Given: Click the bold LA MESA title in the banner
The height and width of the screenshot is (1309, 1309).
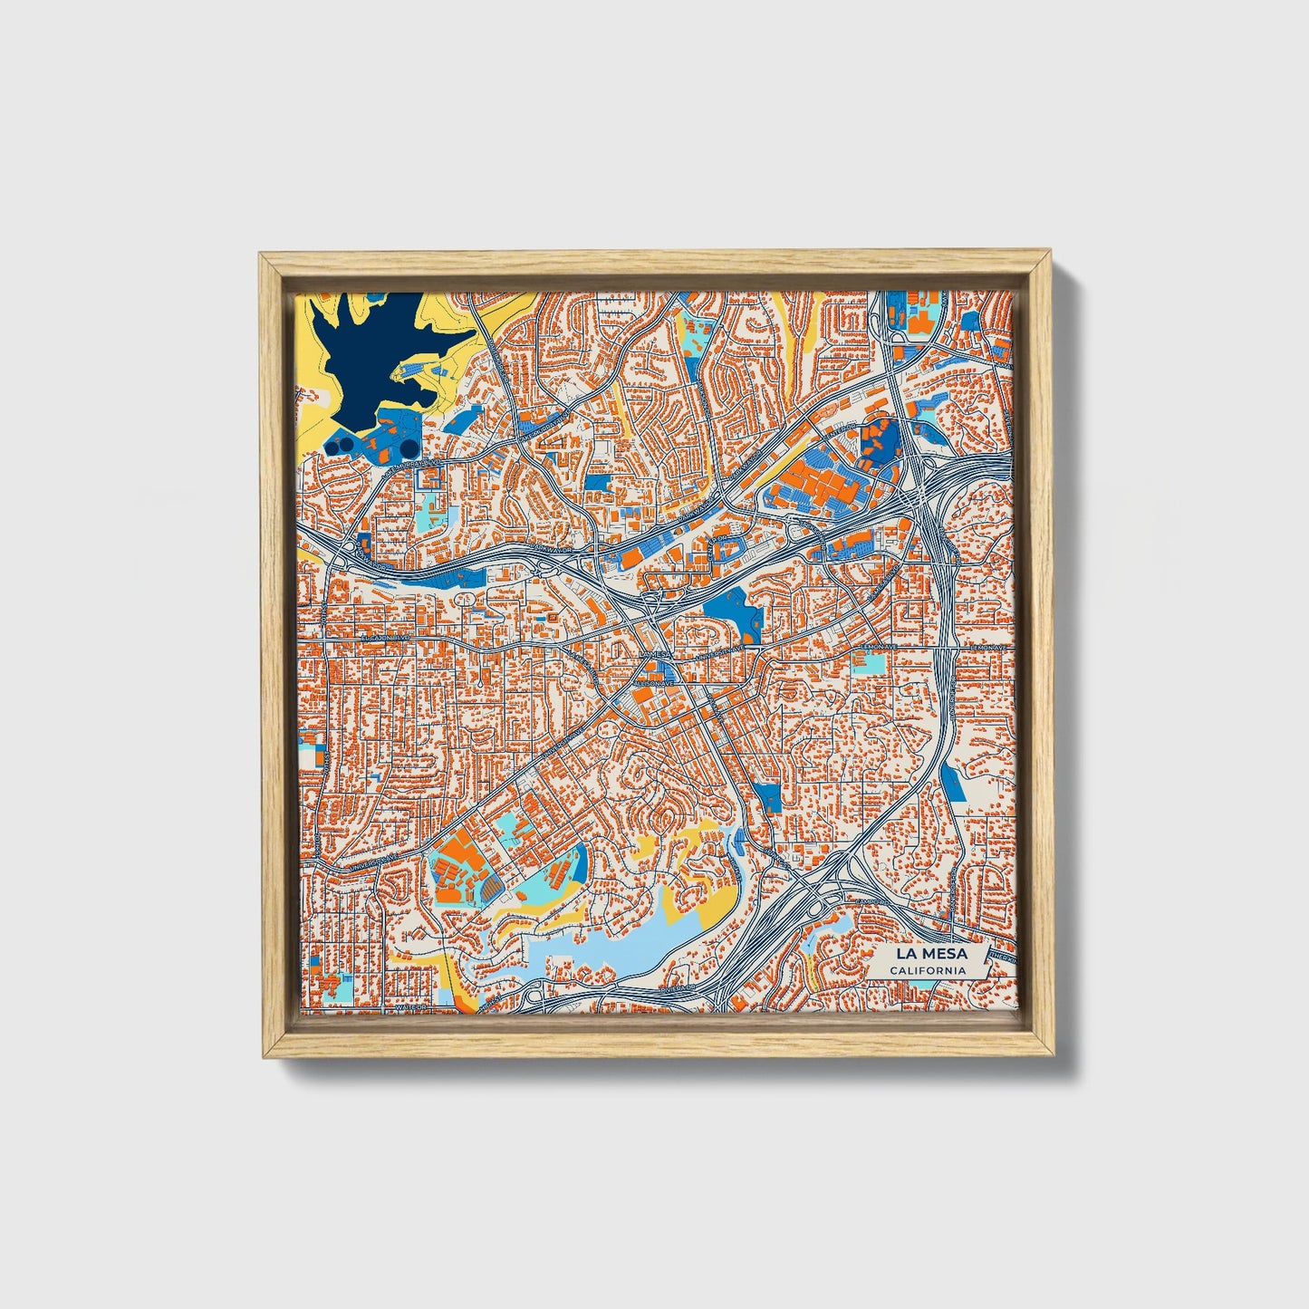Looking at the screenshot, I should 931,953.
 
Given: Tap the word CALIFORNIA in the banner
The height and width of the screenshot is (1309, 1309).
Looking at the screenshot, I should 927,970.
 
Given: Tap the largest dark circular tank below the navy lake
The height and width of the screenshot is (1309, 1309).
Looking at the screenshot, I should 409,448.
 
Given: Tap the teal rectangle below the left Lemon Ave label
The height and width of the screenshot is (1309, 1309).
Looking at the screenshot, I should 871,662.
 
